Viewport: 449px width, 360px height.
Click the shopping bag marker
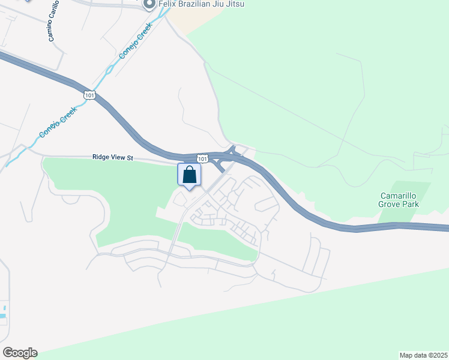tap(190, 175)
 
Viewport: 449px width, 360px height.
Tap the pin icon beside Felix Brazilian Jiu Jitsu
tap(149, 5)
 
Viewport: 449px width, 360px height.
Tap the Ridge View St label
tap(112, 157)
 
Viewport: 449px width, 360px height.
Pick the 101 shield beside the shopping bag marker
tap(203, 159)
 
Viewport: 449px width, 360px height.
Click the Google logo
tap(20, 353)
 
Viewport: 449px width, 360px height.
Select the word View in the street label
tap(120, 157)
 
